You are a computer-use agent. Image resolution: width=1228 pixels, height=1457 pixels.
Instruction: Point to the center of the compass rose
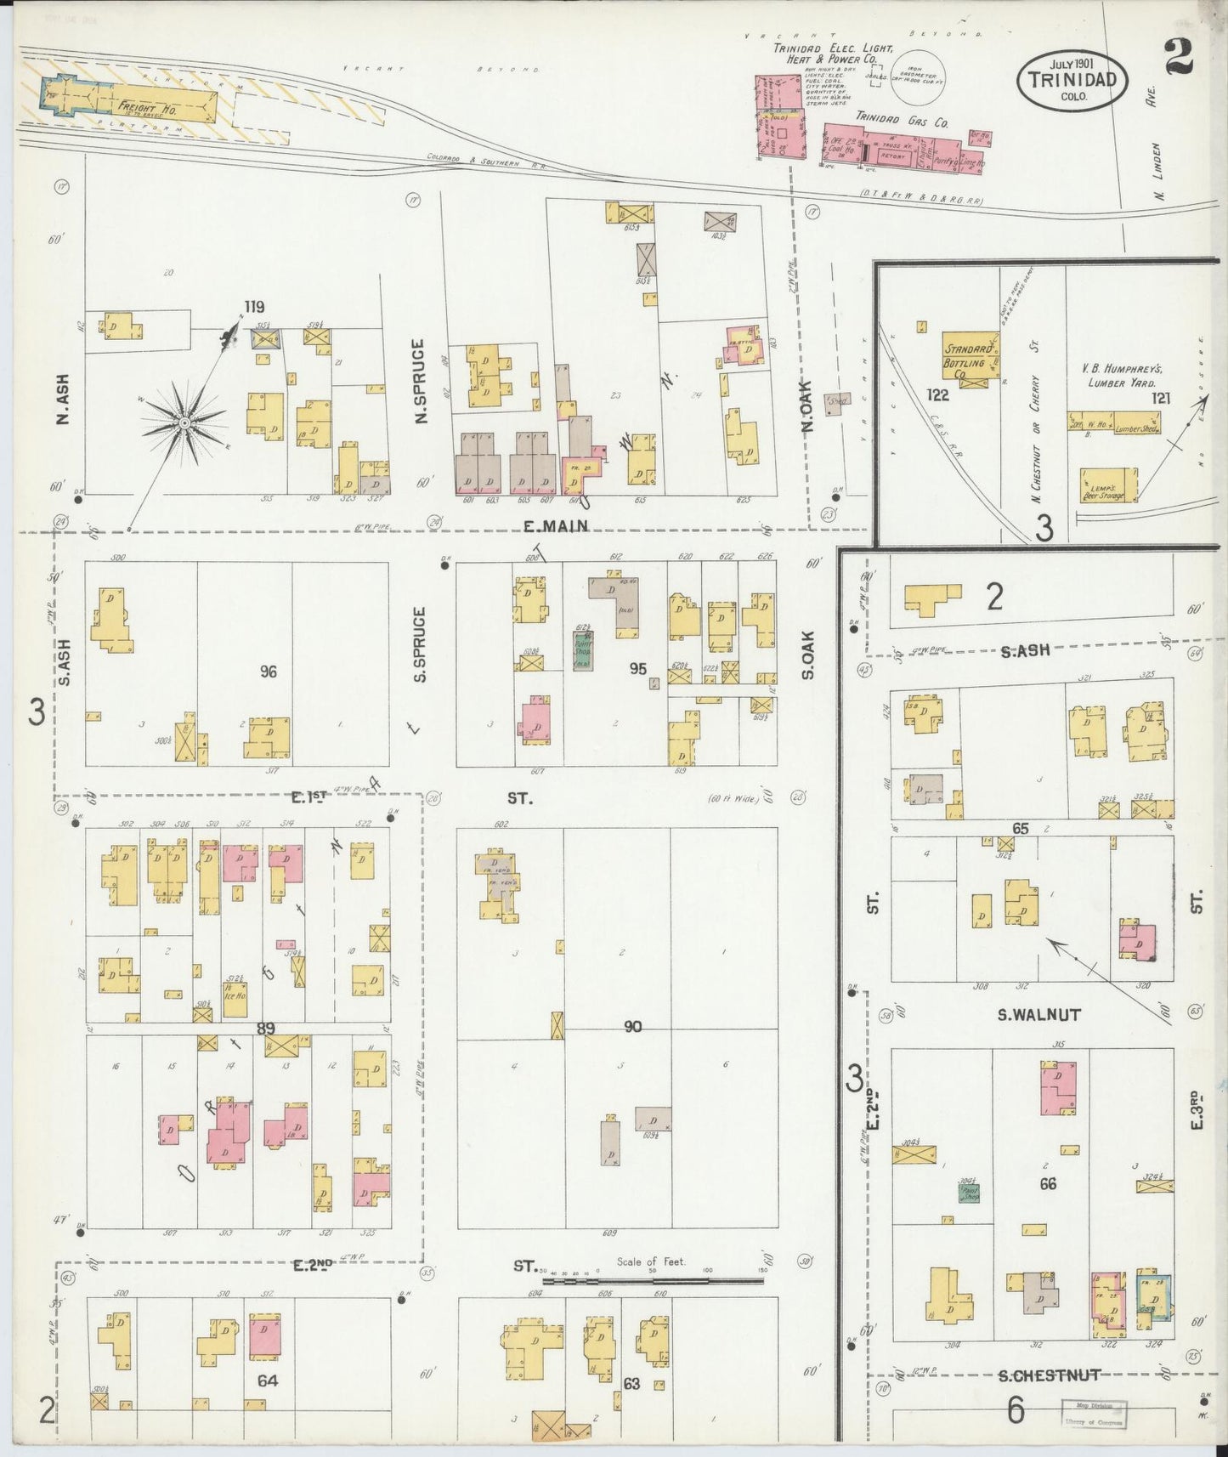click(183, 422)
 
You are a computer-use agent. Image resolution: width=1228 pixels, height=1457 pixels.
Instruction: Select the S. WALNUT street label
click(1028, 1014)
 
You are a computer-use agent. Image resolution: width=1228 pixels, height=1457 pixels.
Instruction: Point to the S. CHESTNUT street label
click(1049, 1375)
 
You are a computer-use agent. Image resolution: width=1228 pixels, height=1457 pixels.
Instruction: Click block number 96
click(269, 672)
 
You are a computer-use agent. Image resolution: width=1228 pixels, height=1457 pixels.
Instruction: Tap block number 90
click(632, 1027)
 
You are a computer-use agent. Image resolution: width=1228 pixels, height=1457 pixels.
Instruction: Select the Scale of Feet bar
click(653, 1280)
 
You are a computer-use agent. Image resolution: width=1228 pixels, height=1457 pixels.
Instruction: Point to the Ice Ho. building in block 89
click(235, 991)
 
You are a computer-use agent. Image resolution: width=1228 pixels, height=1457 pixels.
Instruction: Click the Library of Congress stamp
click(1092, 1413)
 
